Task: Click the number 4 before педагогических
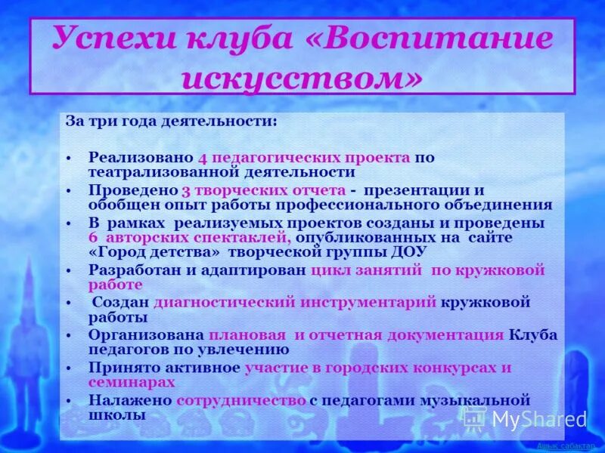203,158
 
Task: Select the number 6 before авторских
93,238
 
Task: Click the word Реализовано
141,158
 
